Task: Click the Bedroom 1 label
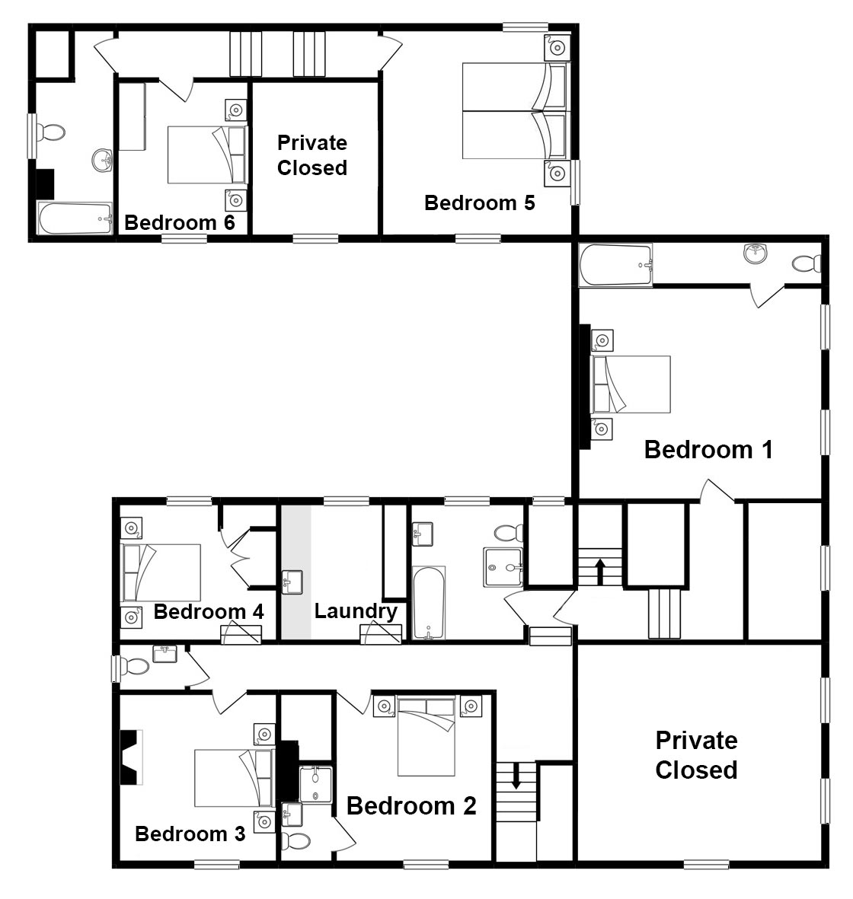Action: tap(708, 450)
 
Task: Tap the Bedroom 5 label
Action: tap(480, 203)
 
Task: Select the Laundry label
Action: tap(356, 611)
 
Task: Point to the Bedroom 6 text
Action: tap(180, 222)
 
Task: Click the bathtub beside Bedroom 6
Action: tap(75, 218)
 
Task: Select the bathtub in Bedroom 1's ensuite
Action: tap(615, 265)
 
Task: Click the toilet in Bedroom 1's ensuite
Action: tap(807, 263)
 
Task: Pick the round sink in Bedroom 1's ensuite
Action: tap(756, 253)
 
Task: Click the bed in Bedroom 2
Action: tap(426, 736)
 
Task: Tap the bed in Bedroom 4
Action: tap(161, 572)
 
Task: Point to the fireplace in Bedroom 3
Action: tap(131, 757)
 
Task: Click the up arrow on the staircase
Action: tap(600, 571)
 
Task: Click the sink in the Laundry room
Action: tap(292, 582)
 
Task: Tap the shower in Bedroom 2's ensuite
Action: tap(315, 785)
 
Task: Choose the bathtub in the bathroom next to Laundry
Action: tap(429, 603)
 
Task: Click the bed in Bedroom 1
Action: tap(631, 384)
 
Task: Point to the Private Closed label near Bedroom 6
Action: tap(312, 155)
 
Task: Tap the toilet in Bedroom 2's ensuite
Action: tap(296, 841)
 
